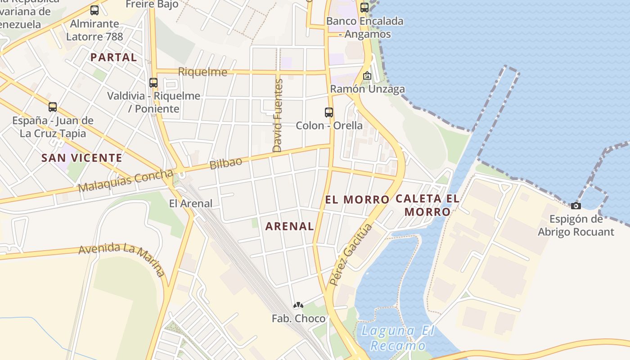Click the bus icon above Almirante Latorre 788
click(94, 10)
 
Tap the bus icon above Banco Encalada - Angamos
click(364, 7)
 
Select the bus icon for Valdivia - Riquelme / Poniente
click(153, 83)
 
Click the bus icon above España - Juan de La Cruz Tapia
click(53, 107)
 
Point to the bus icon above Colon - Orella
click(329, 112)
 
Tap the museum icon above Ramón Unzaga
click(367, 76)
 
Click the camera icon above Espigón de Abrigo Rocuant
click(576, 206)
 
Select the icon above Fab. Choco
click(298, 306)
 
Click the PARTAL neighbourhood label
click(113, 57)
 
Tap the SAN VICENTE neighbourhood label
click(81, 158)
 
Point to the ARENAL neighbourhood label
click(289, 226)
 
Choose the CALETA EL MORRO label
click(427, 205)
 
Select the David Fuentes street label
click(278, 116)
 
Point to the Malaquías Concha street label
click(126, 180)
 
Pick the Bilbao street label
click(226, 162)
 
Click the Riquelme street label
click(202, 72)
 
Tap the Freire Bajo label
click(152, 4)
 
